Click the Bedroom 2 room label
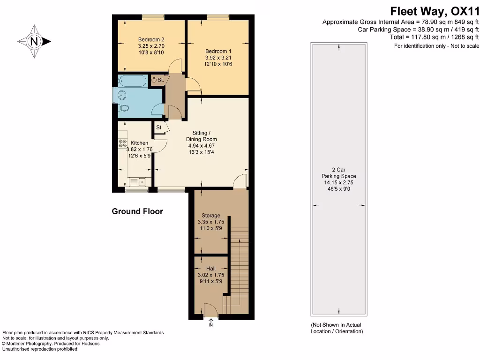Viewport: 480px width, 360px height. [151, 39]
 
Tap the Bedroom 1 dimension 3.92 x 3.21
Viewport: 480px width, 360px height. [218, 58]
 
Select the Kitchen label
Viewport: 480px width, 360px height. [139, 143]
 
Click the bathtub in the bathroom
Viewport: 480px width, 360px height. [133, 81]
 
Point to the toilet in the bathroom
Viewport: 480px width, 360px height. [124, 108]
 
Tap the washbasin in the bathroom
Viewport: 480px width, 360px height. [122, 95]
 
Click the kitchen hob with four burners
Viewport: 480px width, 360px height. [122, 143]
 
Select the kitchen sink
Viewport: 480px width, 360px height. [137, 182]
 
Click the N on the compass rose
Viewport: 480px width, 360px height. [34, 41]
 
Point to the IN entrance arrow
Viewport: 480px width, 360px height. [210, 322]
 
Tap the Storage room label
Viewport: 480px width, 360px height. [210, 216]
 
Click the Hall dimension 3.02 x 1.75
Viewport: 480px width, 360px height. [210, 275]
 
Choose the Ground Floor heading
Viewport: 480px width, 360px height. [137, 211]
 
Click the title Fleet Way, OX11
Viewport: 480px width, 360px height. [435, 11]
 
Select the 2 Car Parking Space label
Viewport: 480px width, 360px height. [338, 173]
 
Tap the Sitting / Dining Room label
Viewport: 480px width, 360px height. [201, 136]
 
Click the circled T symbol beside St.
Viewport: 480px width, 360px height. [154, 80]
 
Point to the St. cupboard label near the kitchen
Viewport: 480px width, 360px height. [159, 127]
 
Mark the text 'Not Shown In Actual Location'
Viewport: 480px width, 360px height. [336, 328]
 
